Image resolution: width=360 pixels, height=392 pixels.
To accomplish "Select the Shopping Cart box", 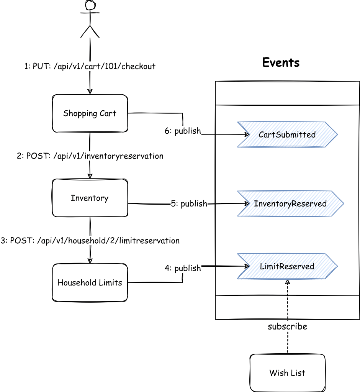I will pos(90,113).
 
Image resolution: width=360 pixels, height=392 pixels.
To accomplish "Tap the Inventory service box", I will pos(90,198).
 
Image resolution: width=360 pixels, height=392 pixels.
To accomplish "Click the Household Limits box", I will pos(90,283).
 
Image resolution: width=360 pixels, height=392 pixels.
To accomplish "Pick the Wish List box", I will pos(287,372).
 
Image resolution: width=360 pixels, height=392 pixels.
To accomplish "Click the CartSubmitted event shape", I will pos(287,134).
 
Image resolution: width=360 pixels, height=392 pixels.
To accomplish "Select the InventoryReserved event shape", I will pos(290,203).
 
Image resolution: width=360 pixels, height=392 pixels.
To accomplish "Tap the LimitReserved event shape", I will pos(287,266).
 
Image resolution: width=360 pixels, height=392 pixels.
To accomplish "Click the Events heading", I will pos(281,62).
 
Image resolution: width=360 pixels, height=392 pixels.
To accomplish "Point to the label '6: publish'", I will pos(183,131).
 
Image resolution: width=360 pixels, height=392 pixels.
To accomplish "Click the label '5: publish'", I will pos(189,204).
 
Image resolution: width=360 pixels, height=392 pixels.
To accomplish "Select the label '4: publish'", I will pos(183,268).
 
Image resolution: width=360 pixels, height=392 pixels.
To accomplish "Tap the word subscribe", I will pos(287,327).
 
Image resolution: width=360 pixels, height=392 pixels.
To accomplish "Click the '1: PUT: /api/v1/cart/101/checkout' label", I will pos(90,66).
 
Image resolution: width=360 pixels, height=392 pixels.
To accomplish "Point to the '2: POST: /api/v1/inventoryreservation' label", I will pos(90,156).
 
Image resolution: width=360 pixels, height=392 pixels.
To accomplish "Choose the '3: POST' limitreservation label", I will pos(90,241).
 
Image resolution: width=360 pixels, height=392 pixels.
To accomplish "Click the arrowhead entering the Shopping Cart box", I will pos(90,92).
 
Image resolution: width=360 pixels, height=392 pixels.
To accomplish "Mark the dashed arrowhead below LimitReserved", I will pos(288,281).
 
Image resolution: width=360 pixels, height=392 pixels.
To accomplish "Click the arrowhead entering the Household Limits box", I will pos(90,261).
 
